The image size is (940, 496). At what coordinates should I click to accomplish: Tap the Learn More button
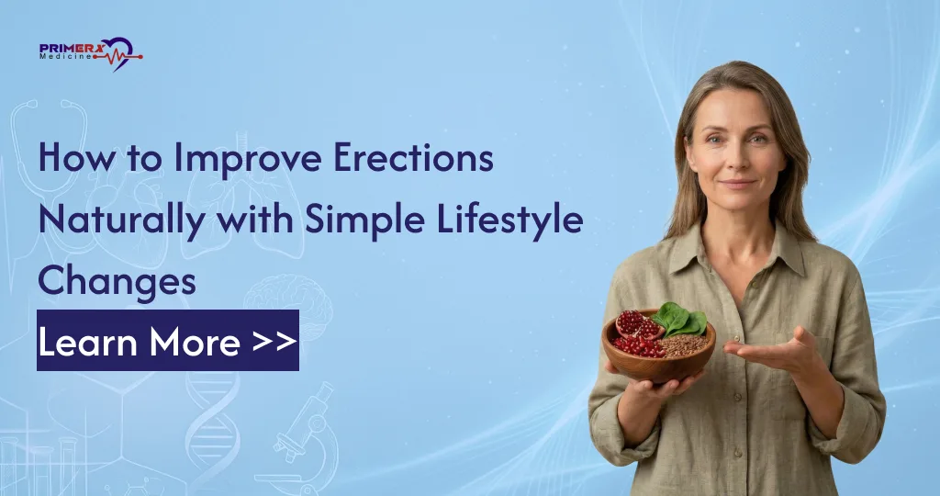(168, 342)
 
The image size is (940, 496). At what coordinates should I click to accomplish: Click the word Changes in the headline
(117, 281)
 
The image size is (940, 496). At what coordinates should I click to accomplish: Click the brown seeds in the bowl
(684, 344)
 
